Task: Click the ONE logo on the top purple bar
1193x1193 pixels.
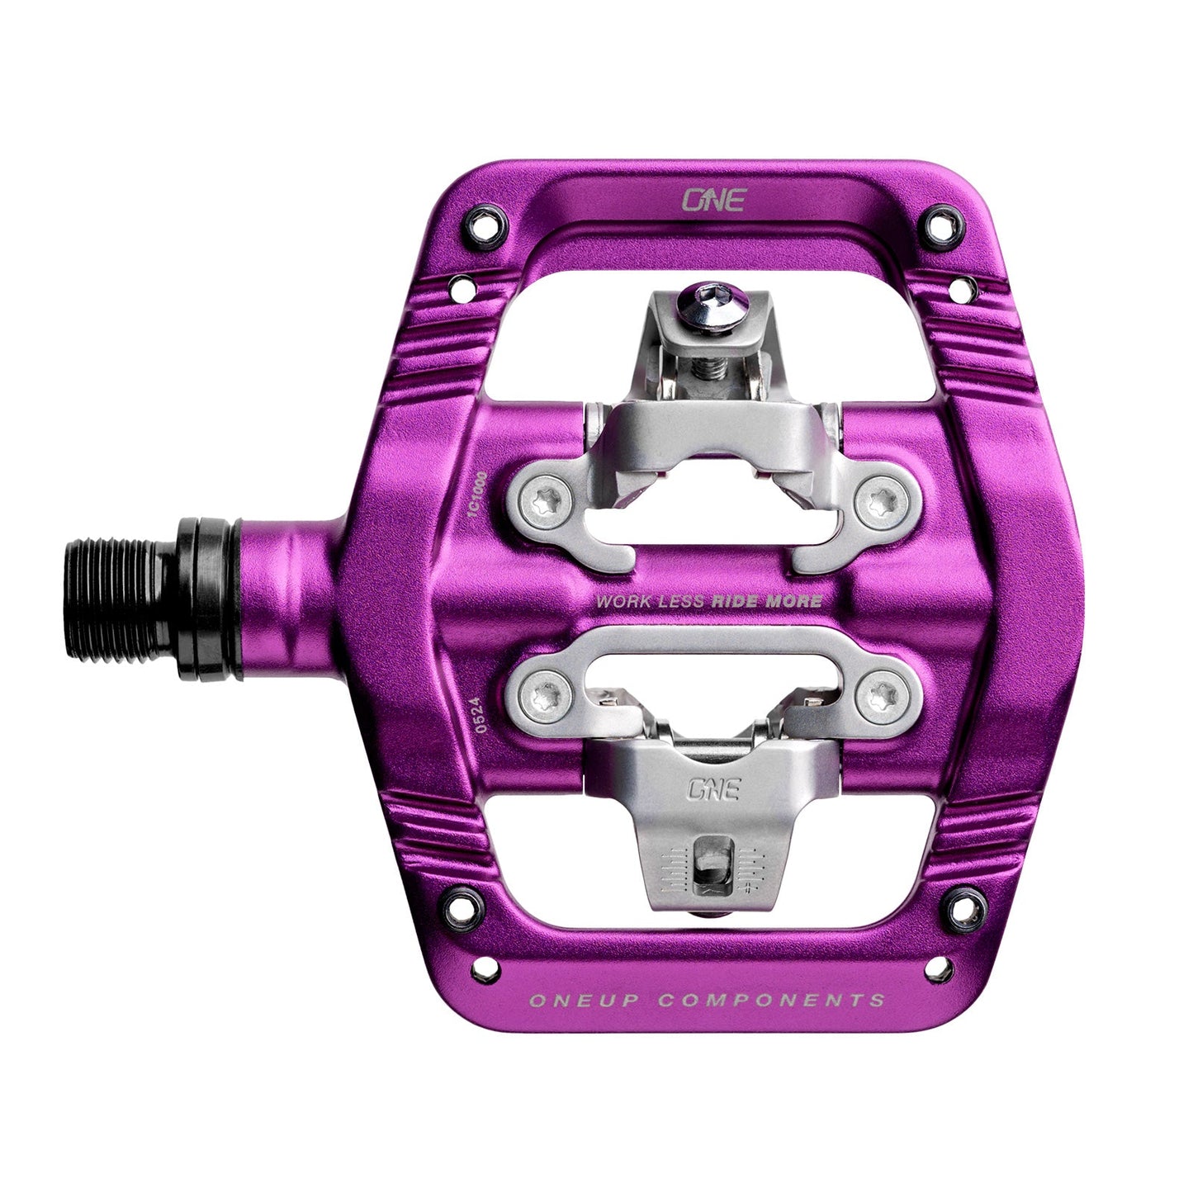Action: pyautogui.click(x=712, y=200)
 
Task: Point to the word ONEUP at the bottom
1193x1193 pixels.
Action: pyautogui.click(x=581, y=1001)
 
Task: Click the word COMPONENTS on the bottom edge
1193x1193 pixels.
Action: pyautogui.click(x=772, y=1001)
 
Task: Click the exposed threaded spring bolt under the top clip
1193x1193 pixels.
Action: pyautogui.click(x=708, y=369)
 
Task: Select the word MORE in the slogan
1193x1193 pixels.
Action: pyautogui.click(x=793, y=600)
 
